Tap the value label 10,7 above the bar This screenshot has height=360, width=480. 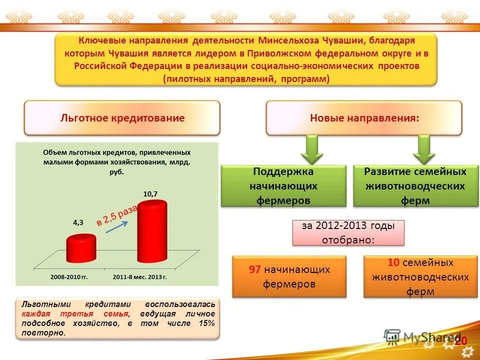coord(150,193)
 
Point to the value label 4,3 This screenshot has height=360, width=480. coord(78,223)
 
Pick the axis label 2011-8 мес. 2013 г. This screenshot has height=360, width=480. coord(139,276)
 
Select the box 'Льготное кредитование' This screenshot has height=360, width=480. coord(122,118)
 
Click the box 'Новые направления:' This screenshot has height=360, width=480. coord(363,118)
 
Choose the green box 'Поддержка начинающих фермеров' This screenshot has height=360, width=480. coord(283,186)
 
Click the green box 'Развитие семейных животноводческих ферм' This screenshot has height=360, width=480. coord(415,186)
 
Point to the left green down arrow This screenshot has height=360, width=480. coord(311,149)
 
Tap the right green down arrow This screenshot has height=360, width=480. coord(424,149)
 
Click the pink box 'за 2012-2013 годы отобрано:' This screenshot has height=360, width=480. coord(348,232)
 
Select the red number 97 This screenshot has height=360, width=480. coord(254,269)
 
